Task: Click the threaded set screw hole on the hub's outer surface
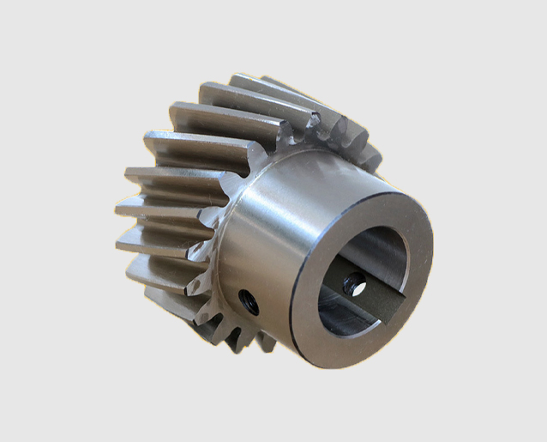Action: click(249, 300)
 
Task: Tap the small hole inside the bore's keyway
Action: click(352, 282)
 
